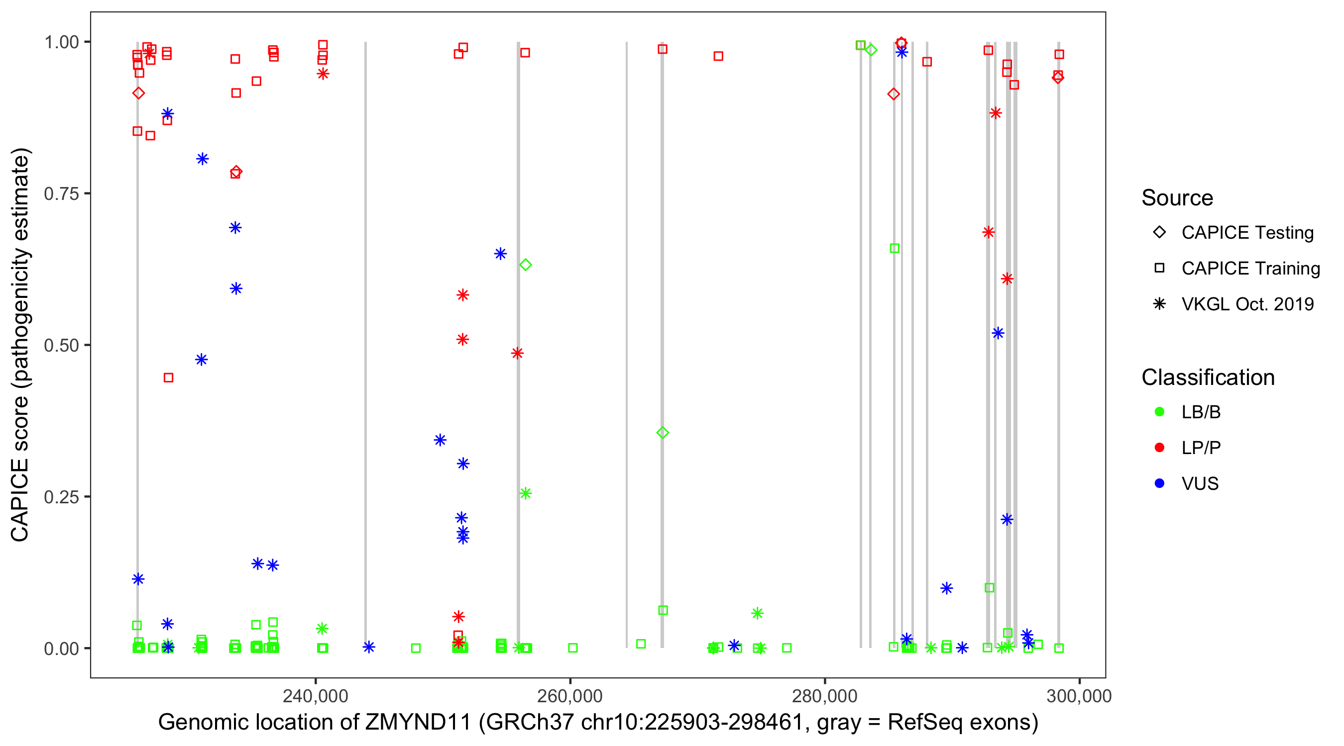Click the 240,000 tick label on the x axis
click(x=315, y=696)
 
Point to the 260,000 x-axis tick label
click(x=570, y=696)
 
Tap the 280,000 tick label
click(x=824, y=696)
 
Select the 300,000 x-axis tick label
click(x=1079, y=696)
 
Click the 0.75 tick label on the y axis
click(x=61, y=194)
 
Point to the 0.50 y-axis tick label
click(x=61, y=346)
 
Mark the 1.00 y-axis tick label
click(x=61, y=42)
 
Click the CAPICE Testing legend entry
click(x=1247, y=233)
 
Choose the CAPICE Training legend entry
click(x=1250, y=269)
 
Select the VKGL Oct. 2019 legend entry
click(x=1247, y=304)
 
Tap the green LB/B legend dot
click(x=1159, y=412)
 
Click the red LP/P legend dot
click(x=1159, y=448)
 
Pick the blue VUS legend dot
click(x=1159, y=483)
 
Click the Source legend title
click(x=1177, y=198)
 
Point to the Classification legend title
click(x=1208, y=377)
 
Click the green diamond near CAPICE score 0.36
click(x=663, y=433)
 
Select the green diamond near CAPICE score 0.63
click(x=525, y=265)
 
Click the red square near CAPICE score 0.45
click(x=168, y=377)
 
